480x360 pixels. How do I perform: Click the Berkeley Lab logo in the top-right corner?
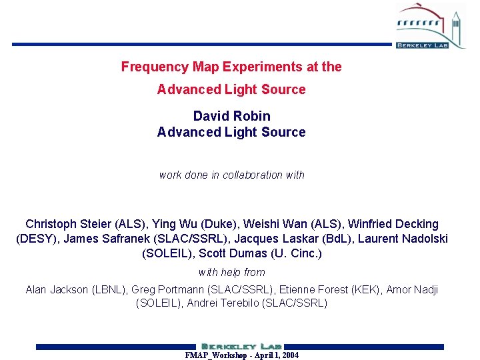click(431, 25)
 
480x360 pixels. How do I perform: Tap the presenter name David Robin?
click(231, 116)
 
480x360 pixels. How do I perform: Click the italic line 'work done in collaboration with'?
click(231, 175)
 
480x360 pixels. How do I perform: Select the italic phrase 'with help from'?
click(231, 272)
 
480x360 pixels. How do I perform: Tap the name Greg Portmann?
click(167, 289)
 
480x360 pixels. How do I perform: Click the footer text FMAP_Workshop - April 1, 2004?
click(241, 355)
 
